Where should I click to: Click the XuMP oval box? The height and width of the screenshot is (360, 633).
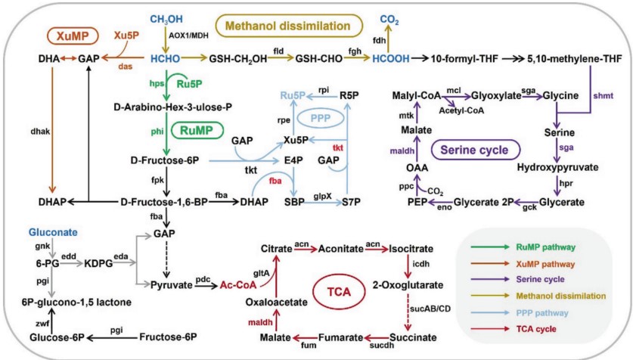70,35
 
